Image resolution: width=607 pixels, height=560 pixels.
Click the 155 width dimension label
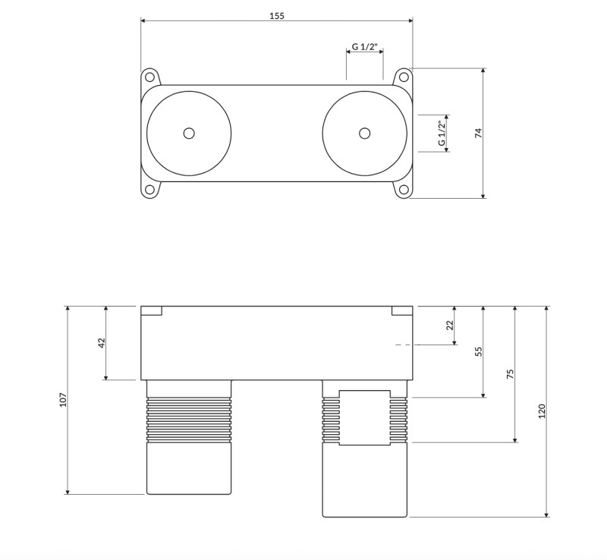click(277, 16)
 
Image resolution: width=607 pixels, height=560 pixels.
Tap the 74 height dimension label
click(478, 133)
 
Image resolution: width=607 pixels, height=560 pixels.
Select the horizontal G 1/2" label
click(365, 47)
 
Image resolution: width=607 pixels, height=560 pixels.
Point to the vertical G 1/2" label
click(441, 134)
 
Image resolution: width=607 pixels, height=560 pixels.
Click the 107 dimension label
click(63, 400)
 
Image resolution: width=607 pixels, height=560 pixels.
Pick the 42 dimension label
click(101, 343)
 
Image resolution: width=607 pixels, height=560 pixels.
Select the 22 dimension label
click(449, 326)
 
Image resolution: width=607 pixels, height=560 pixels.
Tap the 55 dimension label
click(478, 351)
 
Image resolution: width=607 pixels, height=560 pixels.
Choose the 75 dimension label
click(510, 374)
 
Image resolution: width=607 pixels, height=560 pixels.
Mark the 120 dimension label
click(542, 411)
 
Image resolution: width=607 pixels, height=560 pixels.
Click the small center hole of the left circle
click(189, 134)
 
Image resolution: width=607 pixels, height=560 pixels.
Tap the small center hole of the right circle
click(365, 134)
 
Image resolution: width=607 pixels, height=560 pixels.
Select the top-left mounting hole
click(149, 77)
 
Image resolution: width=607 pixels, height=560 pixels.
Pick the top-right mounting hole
click(404, 77)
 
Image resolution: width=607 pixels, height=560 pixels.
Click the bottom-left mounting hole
click(149, 190)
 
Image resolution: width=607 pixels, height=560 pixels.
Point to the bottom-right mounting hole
click(404, 190)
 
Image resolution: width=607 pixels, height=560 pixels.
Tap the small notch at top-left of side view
click(152, 310)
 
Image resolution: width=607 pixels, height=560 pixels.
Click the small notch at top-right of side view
click(402, 310)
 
